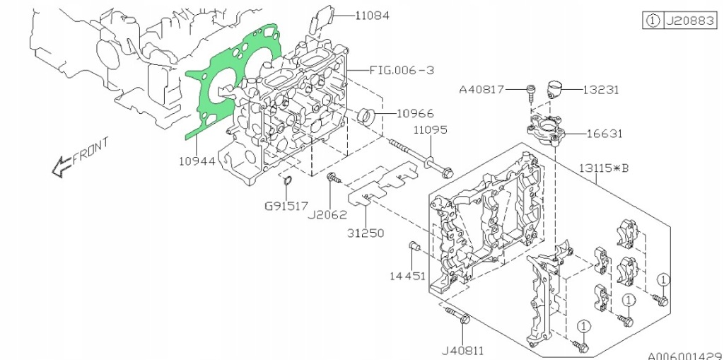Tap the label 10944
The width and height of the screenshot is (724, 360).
point(196,161)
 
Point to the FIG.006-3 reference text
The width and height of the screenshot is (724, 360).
point(401,71)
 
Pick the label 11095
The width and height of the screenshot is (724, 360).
point(431,130)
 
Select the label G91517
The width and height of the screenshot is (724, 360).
point(286,207)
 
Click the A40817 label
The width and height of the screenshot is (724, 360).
point(483,90)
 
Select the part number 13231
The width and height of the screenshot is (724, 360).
point(601,90)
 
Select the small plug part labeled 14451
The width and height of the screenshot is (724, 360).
point(416,245)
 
